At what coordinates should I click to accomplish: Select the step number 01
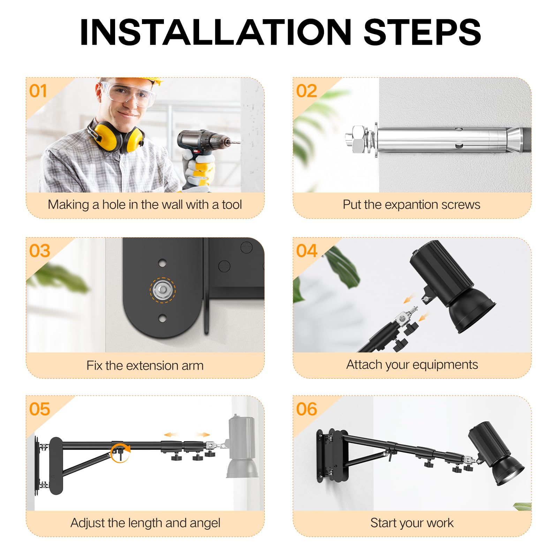tap(38, 91)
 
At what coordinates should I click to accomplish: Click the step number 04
tap(307, 251)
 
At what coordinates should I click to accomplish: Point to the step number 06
tap(307, 409)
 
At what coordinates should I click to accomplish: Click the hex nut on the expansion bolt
tap(359, 139)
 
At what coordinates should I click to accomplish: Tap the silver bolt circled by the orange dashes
tap(163, 290)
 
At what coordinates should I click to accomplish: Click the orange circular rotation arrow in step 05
tap(120, 453)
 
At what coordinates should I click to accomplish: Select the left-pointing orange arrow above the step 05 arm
tap(171, 435)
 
